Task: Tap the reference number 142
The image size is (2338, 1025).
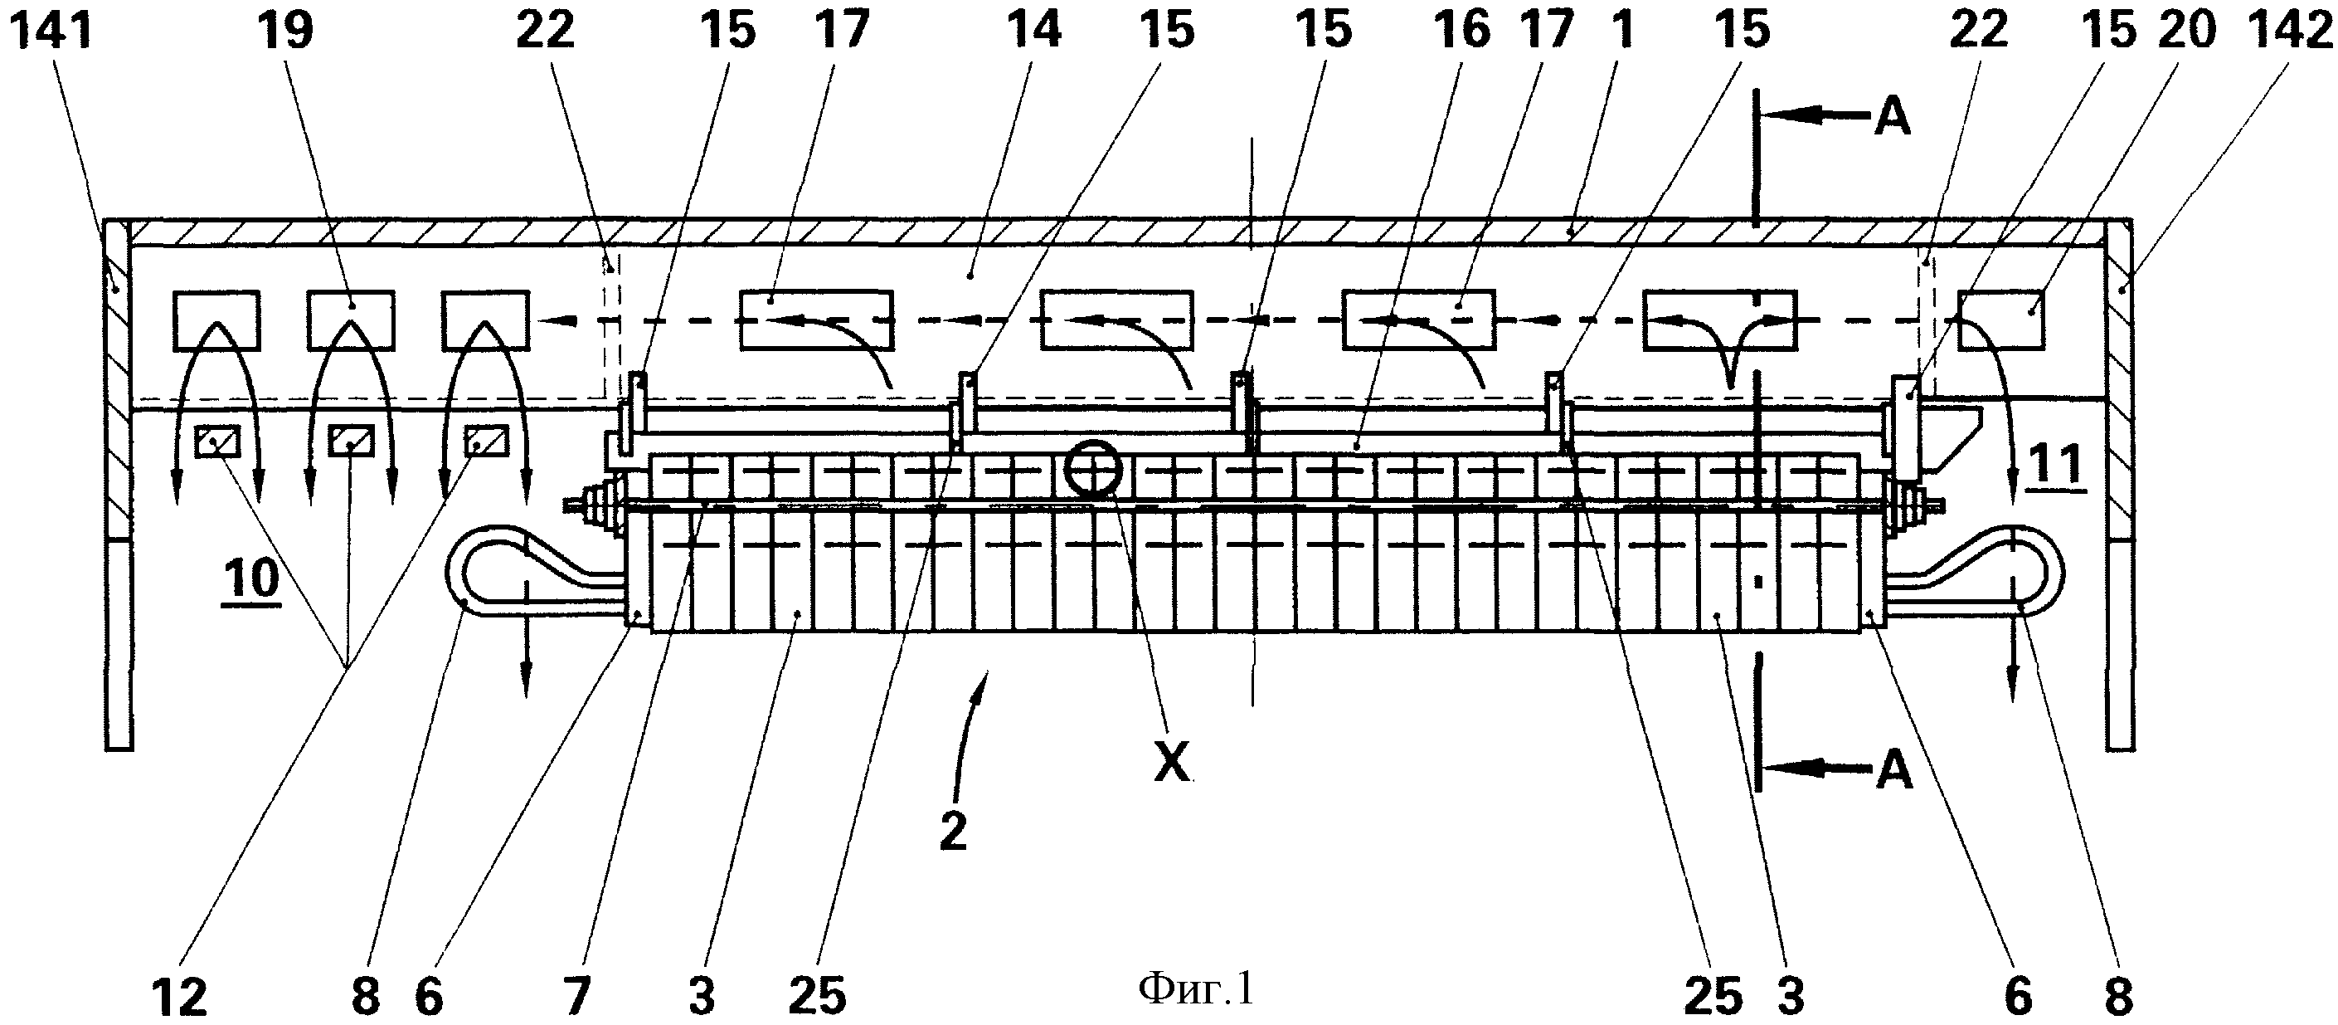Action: [2289, 29]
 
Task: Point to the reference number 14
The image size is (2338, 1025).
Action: [1033, 29]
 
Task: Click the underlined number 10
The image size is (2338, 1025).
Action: [251, 578]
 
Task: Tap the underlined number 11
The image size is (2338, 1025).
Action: [2057, 467]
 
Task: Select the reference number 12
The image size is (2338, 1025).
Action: [180, 998]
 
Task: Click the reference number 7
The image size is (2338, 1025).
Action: [577, 998]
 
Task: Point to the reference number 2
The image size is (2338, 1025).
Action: [953, 832]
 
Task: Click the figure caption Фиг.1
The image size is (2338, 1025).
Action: [1196, 988]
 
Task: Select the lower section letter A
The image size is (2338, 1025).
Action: [1893, 771]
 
